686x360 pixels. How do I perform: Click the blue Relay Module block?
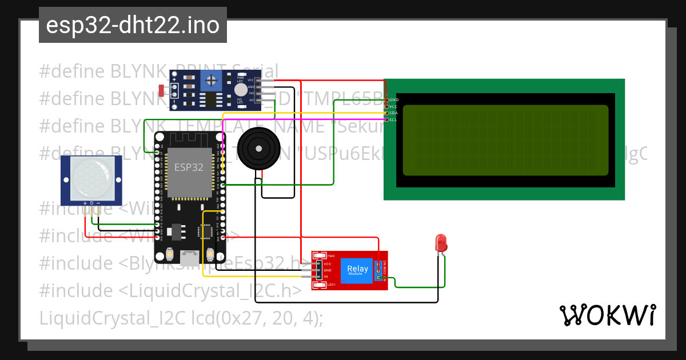[x=358, y=270]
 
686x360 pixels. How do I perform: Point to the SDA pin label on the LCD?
[x=393, y=113]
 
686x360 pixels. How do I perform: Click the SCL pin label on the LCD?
[x=393, y=120]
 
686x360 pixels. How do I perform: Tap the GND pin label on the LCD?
[x=393, y=99]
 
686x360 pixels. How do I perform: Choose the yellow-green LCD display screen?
[x=505, y=140]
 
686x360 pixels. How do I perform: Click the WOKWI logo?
[x=607, y=315]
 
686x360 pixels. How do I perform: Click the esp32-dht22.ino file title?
[x=133, y=26]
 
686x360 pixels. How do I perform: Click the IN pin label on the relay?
[x=326, y=277]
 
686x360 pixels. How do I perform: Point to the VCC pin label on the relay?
[x=328, y=264]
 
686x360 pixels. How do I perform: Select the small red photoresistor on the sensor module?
[x=161, y=90]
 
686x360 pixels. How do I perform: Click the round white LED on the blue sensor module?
[x=241, y=90]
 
